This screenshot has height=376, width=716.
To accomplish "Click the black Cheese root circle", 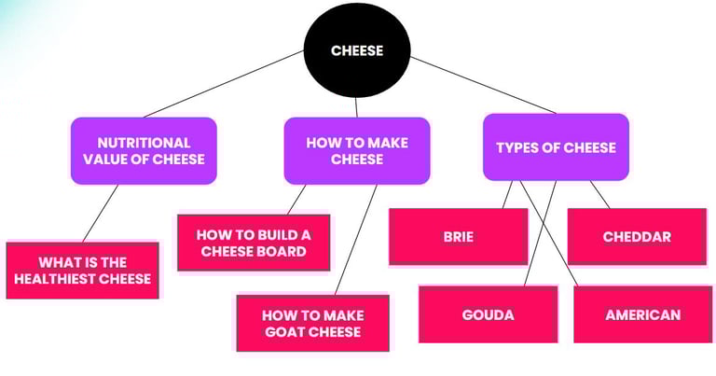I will (357, 51).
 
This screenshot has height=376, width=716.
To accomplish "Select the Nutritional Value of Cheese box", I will (144, 151).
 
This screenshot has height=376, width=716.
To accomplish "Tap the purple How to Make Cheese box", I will (357, 151).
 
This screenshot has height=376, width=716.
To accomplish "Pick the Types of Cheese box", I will (556, 147).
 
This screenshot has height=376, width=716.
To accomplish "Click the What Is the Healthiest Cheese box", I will (82, 271).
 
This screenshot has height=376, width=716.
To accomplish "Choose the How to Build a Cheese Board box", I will (253, 243).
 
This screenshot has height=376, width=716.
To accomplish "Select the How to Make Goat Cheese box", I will (311, 323).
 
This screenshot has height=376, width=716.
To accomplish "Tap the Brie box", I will (458, 236).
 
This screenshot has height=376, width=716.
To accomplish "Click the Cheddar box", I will (637, 236).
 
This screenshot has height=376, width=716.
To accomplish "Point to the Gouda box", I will (488, 314).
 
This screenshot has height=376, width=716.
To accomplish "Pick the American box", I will (642, 314).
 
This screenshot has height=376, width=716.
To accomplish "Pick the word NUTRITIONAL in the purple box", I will (144, 143).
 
